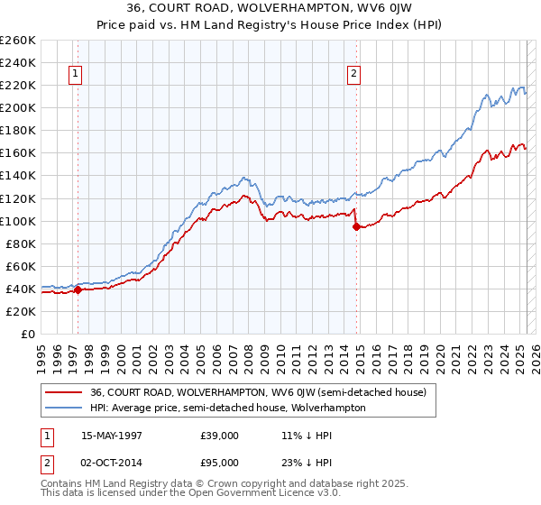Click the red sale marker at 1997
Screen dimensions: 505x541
click(x=78, y=289)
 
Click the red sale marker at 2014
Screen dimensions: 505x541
click(x=356, y=226)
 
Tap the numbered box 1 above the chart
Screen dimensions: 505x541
click(x=75, y=75)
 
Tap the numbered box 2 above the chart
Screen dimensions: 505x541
click(x=354, y=75)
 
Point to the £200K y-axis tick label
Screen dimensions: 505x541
click(x=17, y=107)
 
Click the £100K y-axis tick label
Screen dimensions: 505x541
click(x=17, y=221)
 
